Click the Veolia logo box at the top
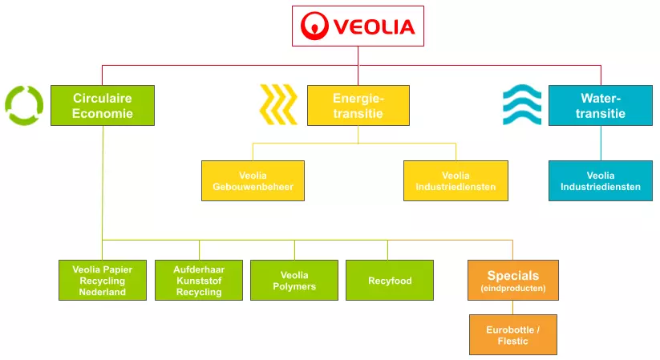358,26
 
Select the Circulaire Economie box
103,106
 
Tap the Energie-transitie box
358,106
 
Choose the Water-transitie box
601,106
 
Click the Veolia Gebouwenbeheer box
253,180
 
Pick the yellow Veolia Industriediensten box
456,180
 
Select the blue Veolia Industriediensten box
601,180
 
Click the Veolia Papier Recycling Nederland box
103,281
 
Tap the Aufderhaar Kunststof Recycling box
199,281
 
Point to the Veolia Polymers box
294,281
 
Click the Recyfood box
390,281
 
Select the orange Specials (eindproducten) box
512,280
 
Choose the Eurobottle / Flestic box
512,334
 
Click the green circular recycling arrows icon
24,105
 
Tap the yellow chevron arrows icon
277,106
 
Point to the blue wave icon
522,106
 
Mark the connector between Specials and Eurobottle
512,307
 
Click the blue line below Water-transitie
601,143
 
